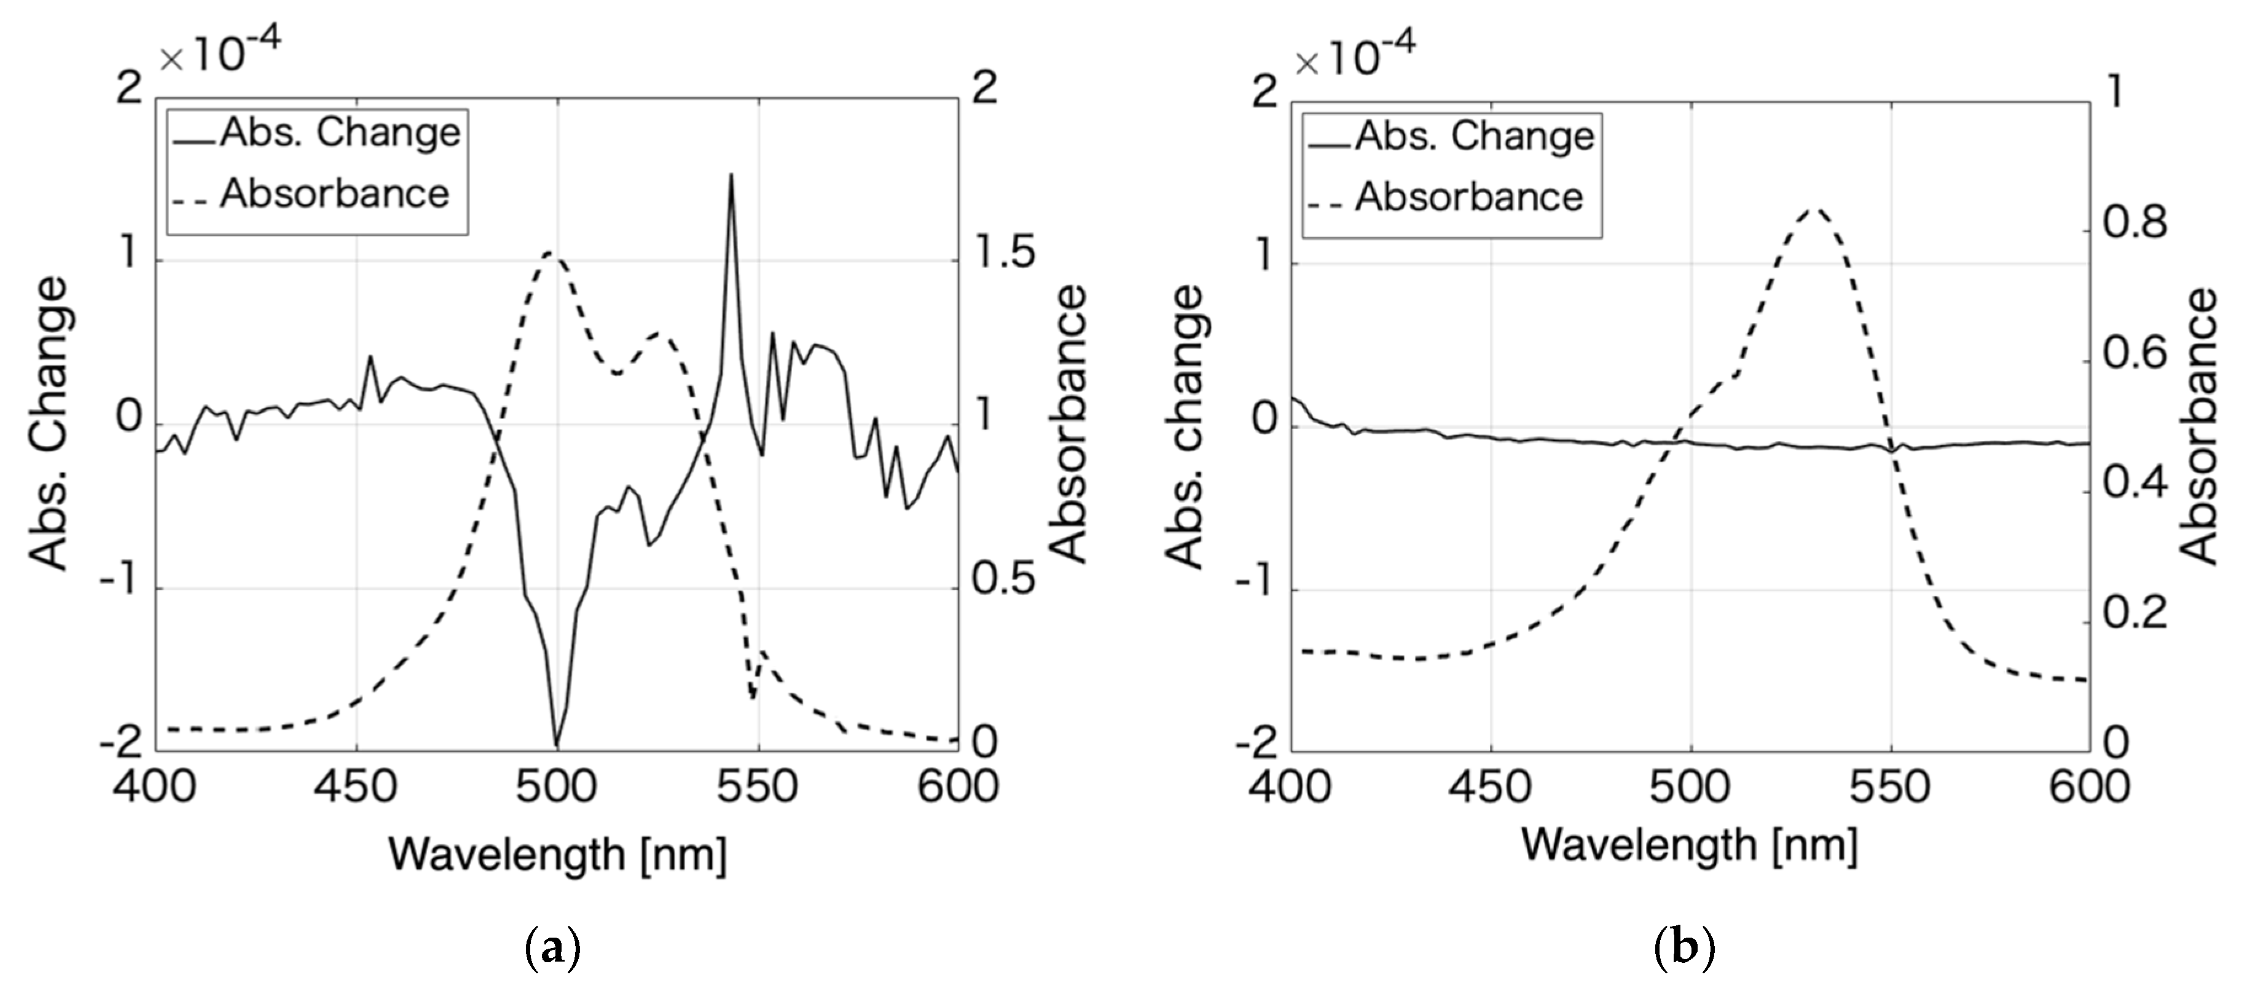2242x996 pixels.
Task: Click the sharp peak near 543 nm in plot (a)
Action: coord(731,176)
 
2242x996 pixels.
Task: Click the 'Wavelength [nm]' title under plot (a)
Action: coord(557,854)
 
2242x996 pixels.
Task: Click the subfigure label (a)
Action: coord(553,948)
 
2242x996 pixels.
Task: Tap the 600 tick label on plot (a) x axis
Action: coord(957,787)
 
